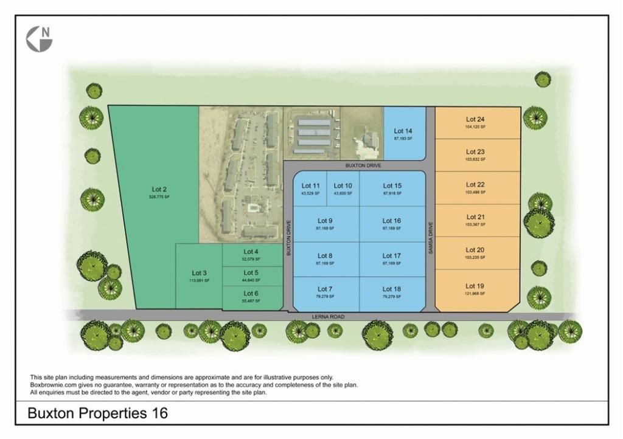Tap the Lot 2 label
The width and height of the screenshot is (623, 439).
tap(159, 189)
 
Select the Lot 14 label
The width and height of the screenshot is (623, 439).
tap(403, 131)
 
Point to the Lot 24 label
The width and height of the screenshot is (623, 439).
tap(475, 120)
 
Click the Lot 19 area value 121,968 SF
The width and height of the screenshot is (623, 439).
tap(475, 294)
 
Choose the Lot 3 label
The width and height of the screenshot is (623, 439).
tap(200, 273)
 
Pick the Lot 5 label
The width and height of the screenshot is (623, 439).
tap(251, 273)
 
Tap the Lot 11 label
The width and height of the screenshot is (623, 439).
tap(310, 186)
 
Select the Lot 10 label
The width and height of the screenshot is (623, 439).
tap(343, 186)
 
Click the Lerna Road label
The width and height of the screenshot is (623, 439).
tap(329, 317)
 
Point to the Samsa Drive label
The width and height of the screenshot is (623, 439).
tap(430, 237)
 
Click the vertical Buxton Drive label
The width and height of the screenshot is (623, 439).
tap(289, 237)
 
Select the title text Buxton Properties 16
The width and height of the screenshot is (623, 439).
tap(98, 413)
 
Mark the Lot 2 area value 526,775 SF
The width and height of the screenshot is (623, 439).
tap(159, 197)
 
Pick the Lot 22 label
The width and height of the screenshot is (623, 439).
tap(475, 185)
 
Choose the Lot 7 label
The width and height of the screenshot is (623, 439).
tap(325, 289)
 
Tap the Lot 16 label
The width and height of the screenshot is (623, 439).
tap(391, 221)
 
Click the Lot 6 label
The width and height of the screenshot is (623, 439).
tap(251, 293)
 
